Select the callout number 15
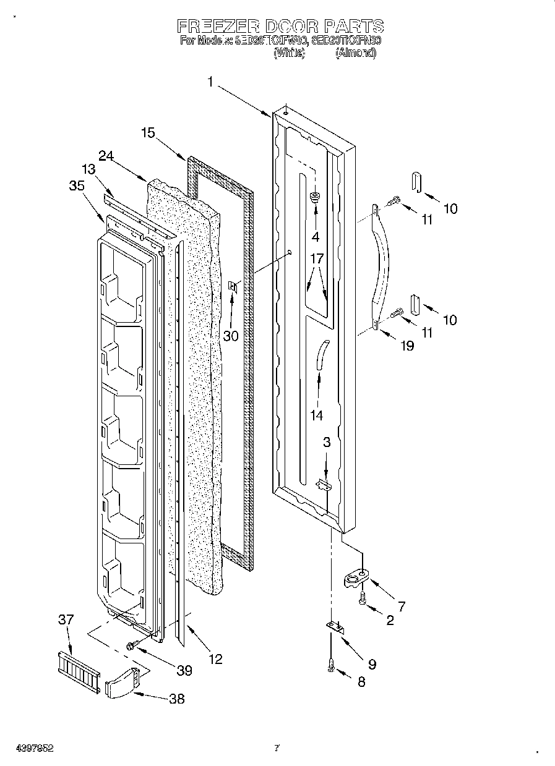148,132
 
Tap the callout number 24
106,156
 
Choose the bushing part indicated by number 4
316,198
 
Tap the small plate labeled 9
334,627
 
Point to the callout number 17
316,259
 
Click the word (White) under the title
289,53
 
